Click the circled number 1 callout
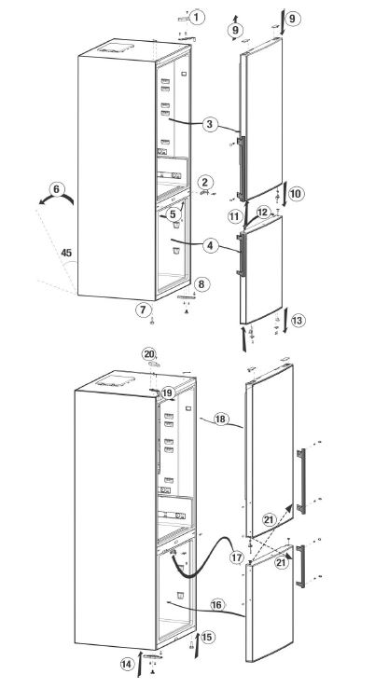coord(198,16)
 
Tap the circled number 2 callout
coord(205,182)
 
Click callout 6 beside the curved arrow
coord(57,189)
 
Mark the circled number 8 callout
coord(202,283)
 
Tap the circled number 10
coord(295,193)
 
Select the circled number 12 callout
coord(264,213)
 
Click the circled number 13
coord(298,320)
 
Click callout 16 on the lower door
coord(215,605)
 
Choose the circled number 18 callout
coord(221,420)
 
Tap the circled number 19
coord(168,393)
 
